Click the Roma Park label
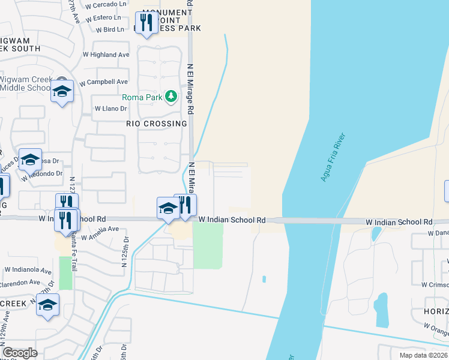point(142,98)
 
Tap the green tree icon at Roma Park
point(172,96)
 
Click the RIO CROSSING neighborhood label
point(157,124)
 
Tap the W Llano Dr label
point(111,109)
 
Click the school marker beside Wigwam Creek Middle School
point(62,92)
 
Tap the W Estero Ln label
point(109,17)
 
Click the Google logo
point(20,353)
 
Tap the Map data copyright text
point(423,355)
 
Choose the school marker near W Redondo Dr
point(30,160)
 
